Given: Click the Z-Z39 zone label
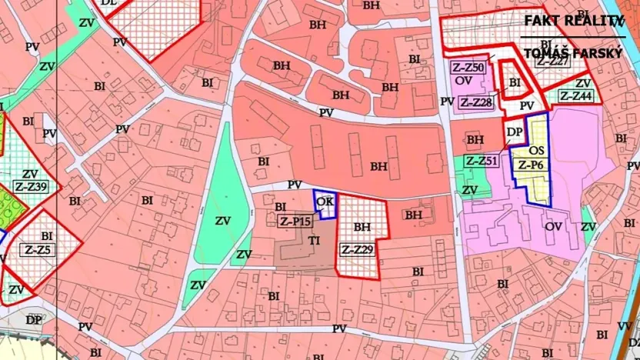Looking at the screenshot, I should (32, 187).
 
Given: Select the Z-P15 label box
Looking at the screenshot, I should (295, 222).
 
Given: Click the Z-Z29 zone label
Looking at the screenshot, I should (358, 249).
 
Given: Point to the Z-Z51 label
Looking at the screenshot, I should (482, 161).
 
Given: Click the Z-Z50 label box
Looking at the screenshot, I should (468, 68).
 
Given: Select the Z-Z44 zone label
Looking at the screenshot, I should (576, 96).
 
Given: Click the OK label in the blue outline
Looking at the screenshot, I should (325, 202).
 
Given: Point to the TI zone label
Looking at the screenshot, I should (314, 241).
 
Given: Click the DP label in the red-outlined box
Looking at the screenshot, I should (515, 132).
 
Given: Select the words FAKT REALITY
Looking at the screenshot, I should (573, 21).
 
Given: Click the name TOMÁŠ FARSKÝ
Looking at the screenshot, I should (573, 54).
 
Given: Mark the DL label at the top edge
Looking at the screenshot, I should (109, 3).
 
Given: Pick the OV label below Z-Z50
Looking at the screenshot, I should (463, 80).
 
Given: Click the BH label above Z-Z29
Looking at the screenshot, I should (362, 228).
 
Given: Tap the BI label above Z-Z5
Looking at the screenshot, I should (47, 236).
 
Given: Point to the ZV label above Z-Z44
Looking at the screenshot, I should (582, 83).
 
